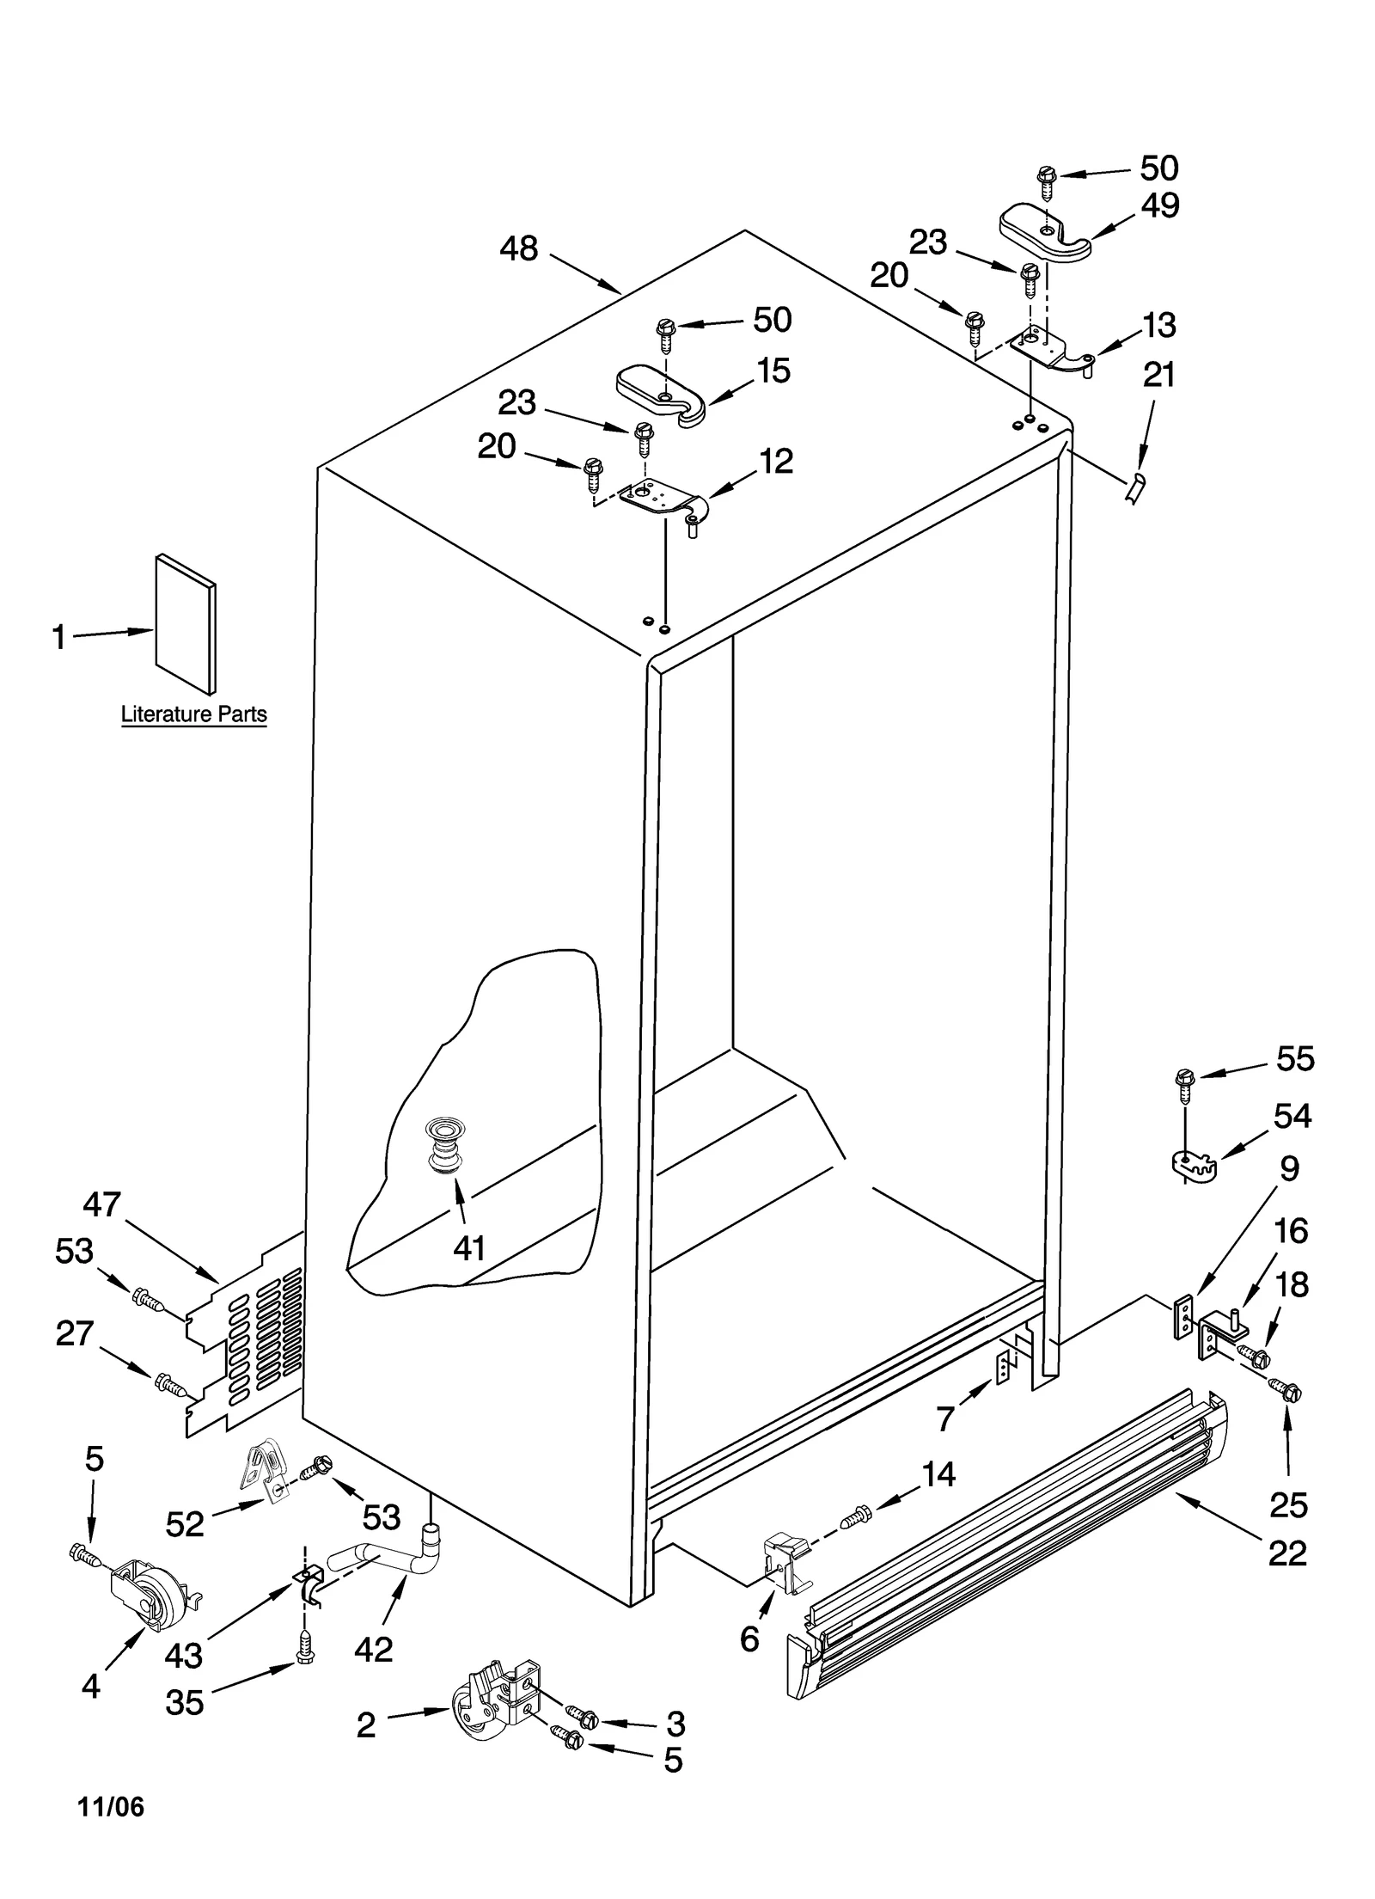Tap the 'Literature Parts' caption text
193,714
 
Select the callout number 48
518,249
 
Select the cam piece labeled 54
1196,1167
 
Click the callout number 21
1158,376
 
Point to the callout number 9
1288,1169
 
